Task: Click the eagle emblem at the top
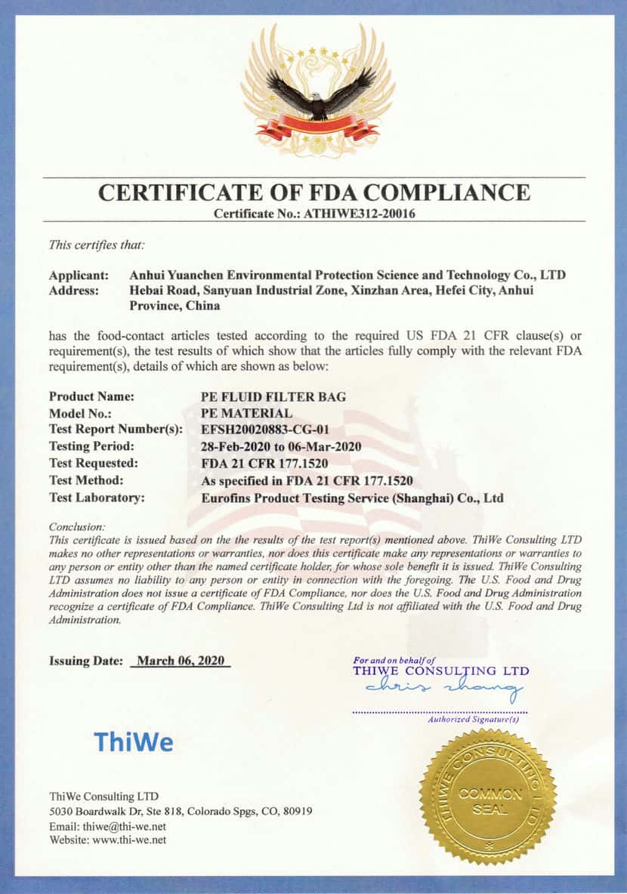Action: (317, 91)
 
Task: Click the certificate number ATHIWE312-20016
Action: (359, 214)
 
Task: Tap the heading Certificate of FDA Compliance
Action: (313, 192)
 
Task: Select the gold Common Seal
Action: (488, 797)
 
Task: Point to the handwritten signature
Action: (443, 687)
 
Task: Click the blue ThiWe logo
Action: (133, 742)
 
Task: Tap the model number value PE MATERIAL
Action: (246, 413)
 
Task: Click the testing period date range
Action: (281, 446)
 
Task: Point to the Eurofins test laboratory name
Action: (352, 498)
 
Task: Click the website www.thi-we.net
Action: (129, 840)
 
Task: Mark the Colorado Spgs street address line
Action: (181, 811)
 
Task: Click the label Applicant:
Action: (79, 275)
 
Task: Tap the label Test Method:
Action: (86, 480)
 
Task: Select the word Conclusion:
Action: (77, 526)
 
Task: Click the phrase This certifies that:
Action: (97, 244)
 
